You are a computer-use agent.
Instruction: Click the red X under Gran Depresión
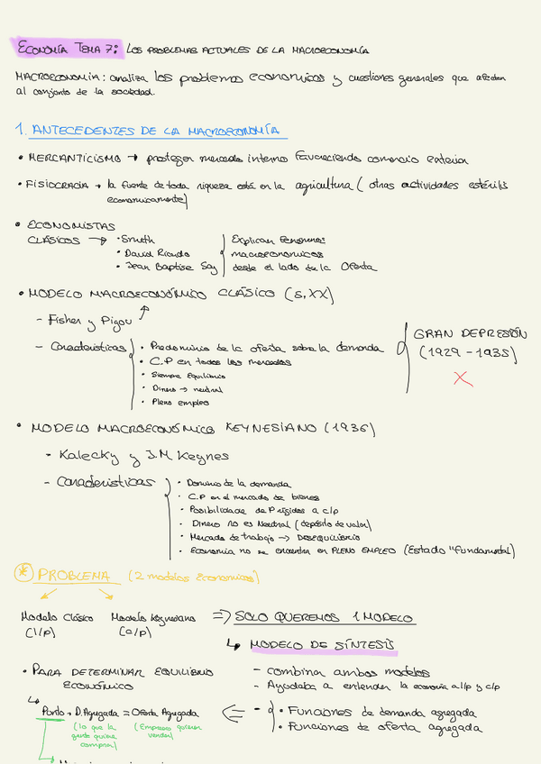click(463, 379)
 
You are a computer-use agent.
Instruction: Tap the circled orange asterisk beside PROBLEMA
click(23, 574)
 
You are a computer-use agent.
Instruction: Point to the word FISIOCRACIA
click(60, 185)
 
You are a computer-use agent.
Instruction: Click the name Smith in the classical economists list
click(135, 241)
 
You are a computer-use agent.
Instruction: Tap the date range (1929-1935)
click(466, 352)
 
